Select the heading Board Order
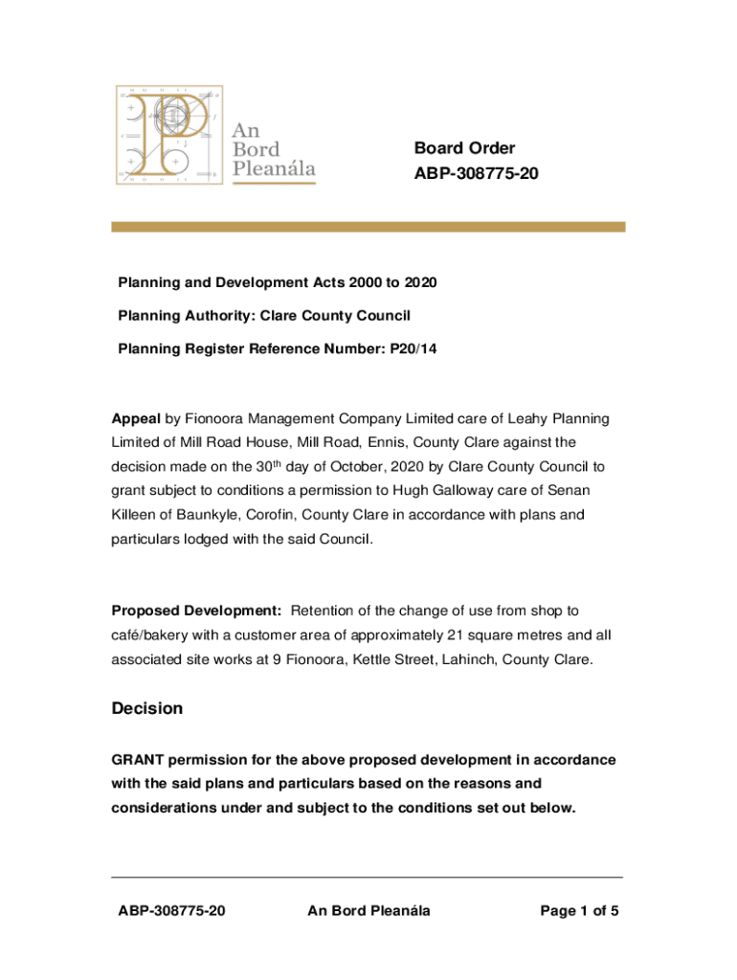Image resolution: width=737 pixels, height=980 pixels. (x=464, y=148)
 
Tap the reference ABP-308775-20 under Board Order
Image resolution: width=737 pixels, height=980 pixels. (x=469, y=174)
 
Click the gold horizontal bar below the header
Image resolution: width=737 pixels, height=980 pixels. (x=368, y=227)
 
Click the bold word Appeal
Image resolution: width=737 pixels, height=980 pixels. (x=136, y=419)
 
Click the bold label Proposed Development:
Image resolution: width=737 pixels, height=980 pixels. (x=196, y=611)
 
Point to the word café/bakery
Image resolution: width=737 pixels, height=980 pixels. (x=157, y=635)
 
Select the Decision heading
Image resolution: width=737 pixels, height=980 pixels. (x=146, y=709)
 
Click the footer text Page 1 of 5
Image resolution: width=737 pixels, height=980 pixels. (x=579, y=911)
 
